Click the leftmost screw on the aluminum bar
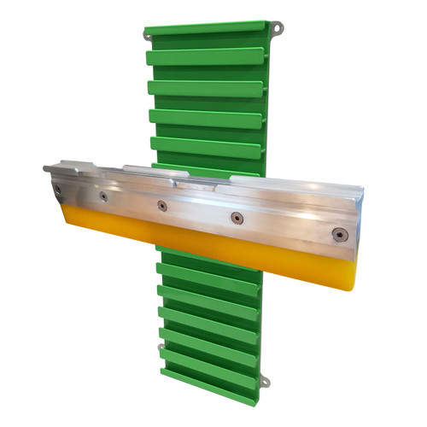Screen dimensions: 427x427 pyautogui.click(x=57, y=189)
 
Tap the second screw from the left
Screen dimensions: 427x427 pyautogui.click(x=103, y=196)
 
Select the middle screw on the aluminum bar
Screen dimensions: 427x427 pyautogui.click(x=161, y=205)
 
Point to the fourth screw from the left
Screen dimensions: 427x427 pyautogui.click(x=237, y=218)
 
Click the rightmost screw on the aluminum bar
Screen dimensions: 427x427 pyautogui.click(x=339, y=233)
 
